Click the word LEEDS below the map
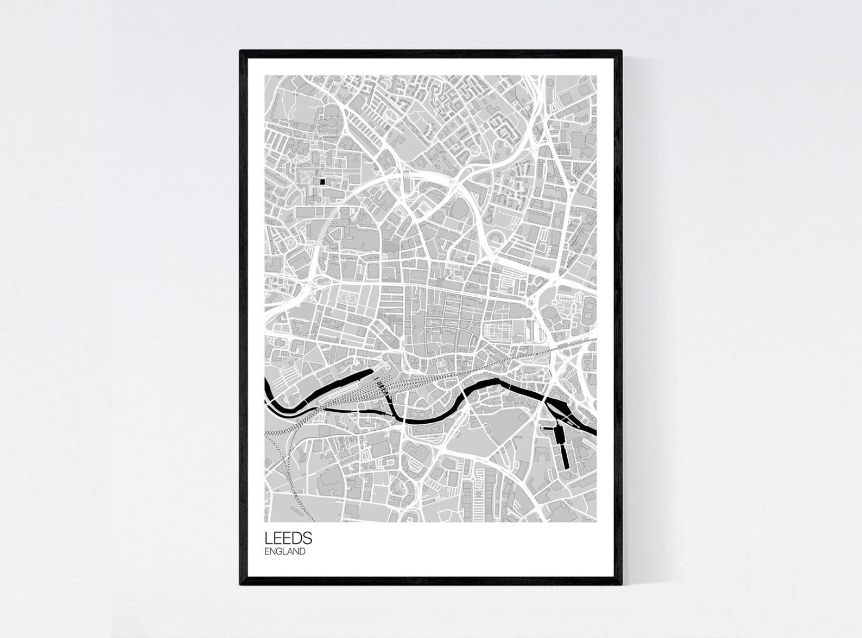[x=288, y=538]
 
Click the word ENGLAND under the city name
[x=285, y=552]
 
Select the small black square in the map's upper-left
[x=322, y=182]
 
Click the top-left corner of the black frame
[x=241, y=52]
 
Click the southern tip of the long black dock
[x=565, y=467]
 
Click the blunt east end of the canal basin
[x=372, y=372]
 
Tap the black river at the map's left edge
[x=267, y=388]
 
